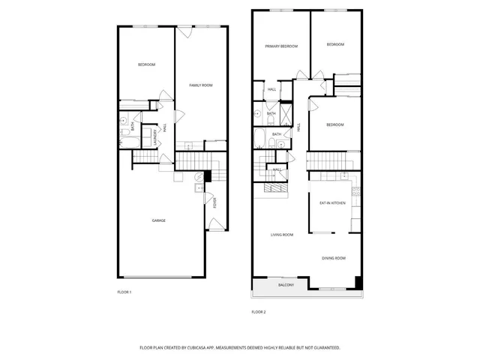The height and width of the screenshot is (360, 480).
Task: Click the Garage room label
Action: click(159, 220)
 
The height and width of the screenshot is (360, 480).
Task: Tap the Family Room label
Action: click(200, 85)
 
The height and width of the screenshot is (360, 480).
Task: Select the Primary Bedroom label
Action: click(281, 46)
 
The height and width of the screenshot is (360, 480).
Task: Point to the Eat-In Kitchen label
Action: click(332, 203)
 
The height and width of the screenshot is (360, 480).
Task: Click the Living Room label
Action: click(282, 235)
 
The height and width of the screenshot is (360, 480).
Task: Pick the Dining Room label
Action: click(334, 258)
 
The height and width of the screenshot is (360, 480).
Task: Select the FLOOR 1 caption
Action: click(124, 292)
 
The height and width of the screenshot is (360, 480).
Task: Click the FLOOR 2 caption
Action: click(259, 311)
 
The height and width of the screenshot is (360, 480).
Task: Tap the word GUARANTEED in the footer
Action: click(324, 348)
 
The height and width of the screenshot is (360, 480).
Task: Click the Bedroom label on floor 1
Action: click(146, 65)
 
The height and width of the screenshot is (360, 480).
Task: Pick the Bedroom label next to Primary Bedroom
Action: click(335, 45)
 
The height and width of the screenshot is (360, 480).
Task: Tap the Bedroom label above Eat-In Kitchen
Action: click(335, 124)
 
